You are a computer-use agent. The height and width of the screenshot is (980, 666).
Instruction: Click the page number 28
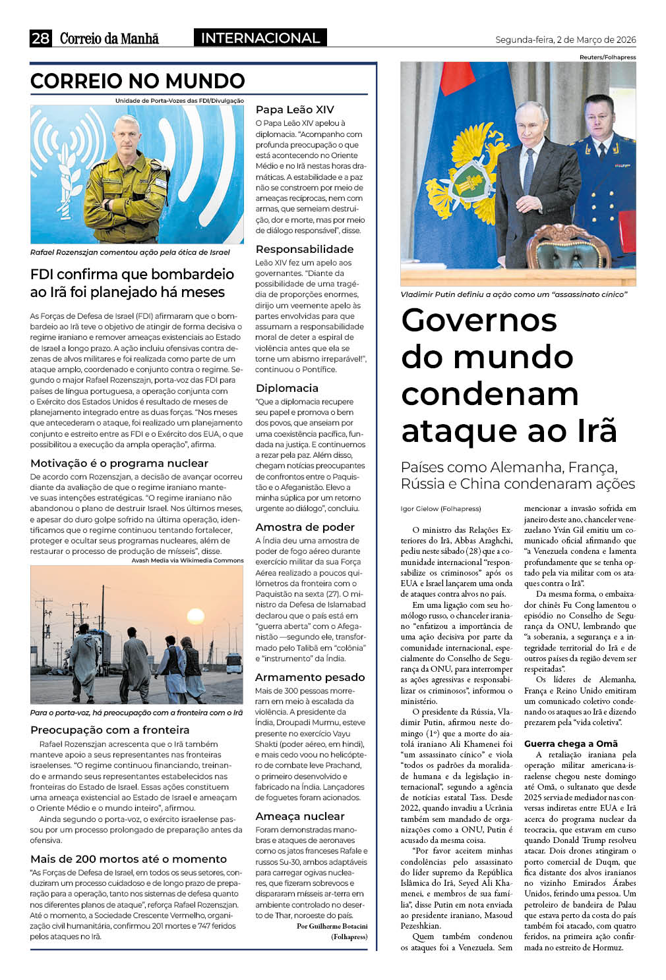tap(40, 38)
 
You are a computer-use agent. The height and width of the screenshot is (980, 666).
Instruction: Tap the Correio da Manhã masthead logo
tap(109, 38)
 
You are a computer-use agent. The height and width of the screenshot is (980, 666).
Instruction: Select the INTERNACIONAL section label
tap(260, 38)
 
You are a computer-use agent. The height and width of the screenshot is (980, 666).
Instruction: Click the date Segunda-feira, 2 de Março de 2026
tap(565, 40)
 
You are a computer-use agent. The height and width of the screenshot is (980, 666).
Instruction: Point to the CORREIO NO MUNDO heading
tap(138, 81)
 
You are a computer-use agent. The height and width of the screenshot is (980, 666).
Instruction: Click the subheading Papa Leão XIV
tap(295, 110)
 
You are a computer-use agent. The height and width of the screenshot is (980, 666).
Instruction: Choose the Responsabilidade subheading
tap(305, 249)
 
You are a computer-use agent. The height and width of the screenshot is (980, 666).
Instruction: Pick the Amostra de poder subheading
tap(305, 527)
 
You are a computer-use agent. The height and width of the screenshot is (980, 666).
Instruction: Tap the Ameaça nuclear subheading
tap(300, 816)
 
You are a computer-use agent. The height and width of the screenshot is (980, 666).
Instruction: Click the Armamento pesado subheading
tap(310, 677)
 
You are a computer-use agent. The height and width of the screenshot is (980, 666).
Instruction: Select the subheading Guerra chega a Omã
tap(571, 744)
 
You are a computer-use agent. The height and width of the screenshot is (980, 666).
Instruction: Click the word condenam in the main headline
tap(490, 394)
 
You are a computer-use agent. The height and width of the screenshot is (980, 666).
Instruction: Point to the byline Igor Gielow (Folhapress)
tap(441, 508)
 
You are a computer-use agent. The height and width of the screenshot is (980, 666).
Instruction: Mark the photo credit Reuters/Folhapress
tap(607, 57)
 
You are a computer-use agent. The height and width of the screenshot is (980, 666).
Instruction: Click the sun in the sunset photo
tap(196, 616)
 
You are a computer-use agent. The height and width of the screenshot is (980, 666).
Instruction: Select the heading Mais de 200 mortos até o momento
tap(129, 859)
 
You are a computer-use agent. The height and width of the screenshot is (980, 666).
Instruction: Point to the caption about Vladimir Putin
tap(514, 294)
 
